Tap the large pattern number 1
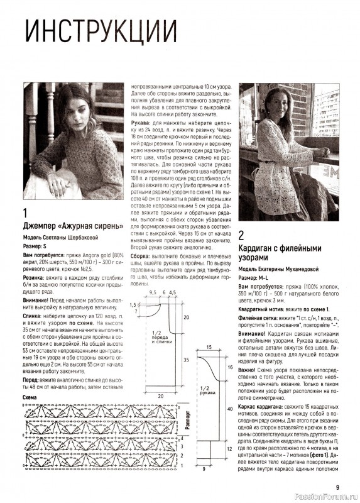(25, 213)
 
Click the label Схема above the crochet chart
(30, 397)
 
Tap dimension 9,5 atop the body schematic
(152, 293)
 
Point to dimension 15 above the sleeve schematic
(208, 347)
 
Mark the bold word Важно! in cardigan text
(251, 370)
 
